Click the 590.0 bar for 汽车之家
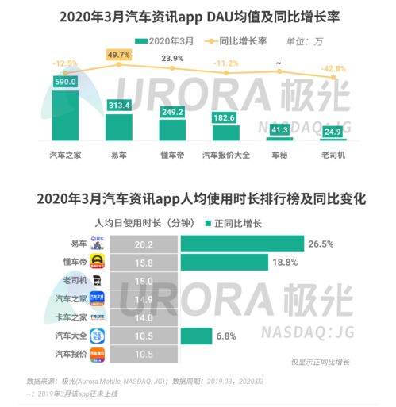click(x=63, y=110)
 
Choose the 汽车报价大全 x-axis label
click(x=227, y=156)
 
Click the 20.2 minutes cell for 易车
click(x=144, y=244)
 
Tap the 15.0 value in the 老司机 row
click(x=144, y=280)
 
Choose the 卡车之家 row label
click(x=68, y=317)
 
